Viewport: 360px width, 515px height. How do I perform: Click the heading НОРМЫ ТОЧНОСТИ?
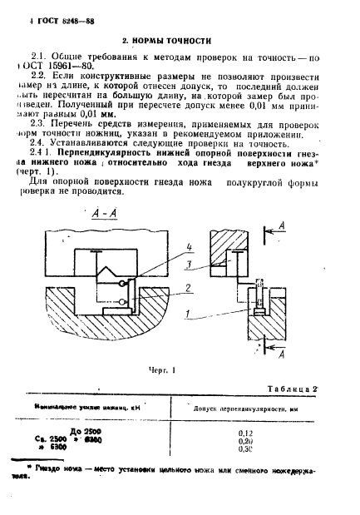tap(166, 39)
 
